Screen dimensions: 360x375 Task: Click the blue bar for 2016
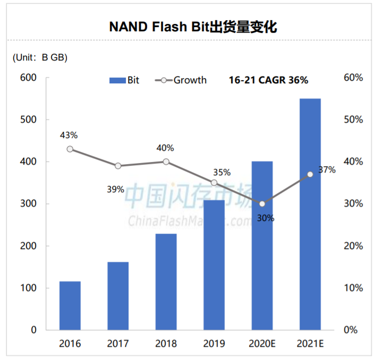click(x=70, y=305)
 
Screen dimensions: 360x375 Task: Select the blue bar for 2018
click(x=166, y=281)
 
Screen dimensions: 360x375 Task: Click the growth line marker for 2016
click(x=70, y=149)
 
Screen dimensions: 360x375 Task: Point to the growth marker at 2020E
click(x=262, y=203)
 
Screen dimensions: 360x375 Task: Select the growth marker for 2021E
click(x=310, y=174)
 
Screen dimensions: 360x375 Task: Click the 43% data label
click(x=70, y=135)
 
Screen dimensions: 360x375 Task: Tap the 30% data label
click(x=266, y=217)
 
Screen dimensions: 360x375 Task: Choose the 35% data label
click(x=221, y=172)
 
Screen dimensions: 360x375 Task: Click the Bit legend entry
click(x=125, y=80)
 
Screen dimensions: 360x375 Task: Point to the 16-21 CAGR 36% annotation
click(x=268, y=80)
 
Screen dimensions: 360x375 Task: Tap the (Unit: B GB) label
click(x=40, y=57)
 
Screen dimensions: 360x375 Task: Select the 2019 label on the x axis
click(x=214, y=344)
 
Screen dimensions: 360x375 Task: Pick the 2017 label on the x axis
click(x=118, y=344)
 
